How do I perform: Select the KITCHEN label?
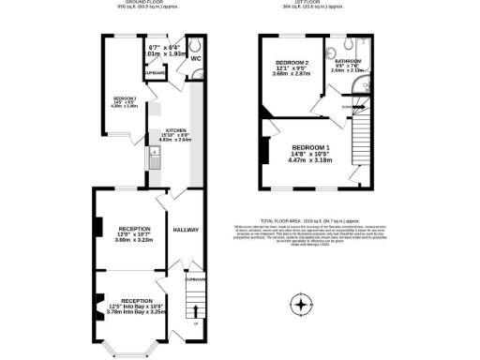(x=176, y=130)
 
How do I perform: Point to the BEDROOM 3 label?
(x=125, y=98)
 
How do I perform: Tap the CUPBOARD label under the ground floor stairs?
(x=194, y=278)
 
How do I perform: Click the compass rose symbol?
(x=300, y=306)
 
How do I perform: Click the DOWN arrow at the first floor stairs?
(x=348, y=106)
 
